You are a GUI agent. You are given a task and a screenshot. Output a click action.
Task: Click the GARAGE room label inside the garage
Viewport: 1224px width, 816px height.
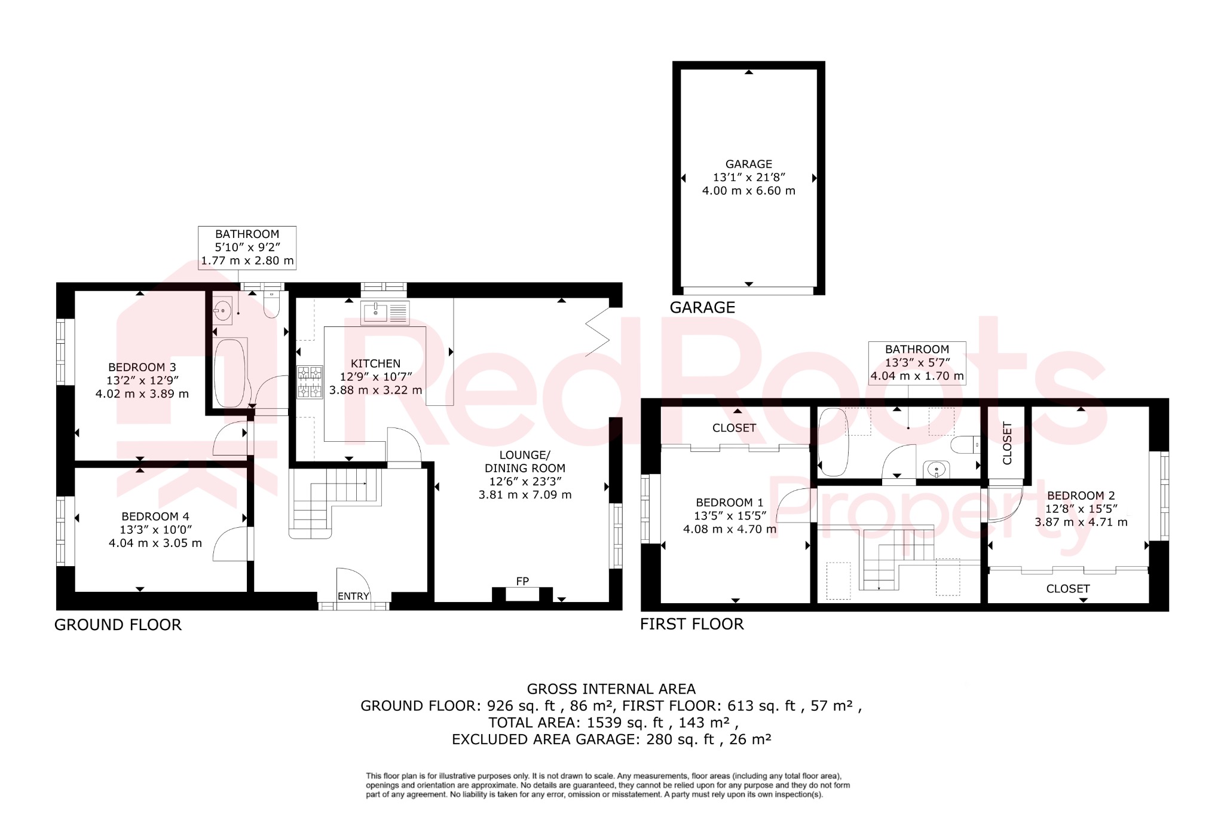pos(748,164)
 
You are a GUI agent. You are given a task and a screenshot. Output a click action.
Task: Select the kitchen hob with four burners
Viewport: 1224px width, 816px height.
pos(310,382)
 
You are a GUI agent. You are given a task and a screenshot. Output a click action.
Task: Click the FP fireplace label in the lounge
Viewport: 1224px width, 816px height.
pos(522,581)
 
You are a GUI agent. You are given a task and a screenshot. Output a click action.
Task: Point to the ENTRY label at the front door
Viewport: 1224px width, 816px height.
pos(353,596)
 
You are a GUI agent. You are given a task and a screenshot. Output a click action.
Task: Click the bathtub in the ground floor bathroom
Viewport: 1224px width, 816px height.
pos(229,373)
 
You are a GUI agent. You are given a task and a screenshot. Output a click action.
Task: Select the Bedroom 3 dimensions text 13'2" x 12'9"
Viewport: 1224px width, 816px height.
pos(142,380)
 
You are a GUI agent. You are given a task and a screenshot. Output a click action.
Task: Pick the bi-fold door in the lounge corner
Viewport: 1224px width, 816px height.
pos(597,332)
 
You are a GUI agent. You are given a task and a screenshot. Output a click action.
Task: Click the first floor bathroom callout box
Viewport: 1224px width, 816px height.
pos(917,363)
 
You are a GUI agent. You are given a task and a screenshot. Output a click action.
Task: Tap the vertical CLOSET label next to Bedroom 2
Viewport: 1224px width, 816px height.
pos(1007,443)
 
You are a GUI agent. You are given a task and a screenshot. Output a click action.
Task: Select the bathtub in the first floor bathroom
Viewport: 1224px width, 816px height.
pos(833,442)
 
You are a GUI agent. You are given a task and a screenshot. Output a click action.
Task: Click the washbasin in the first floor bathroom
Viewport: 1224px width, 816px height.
pos(936,470)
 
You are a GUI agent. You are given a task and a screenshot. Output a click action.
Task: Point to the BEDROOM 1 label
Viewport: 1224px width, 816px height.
pos(729,503)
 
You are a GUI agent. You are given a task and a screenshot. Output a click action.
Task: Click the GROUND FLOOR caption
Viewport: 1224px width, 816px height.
pos(118,625)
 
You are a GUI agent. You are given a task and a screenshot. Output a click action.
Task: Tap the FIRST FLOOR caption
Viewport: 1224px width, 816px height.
pos(691,624)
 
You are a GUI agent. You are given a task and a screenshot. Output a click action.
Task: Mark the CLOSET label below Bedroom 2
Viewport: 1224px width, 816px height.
pos(1067,589)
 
